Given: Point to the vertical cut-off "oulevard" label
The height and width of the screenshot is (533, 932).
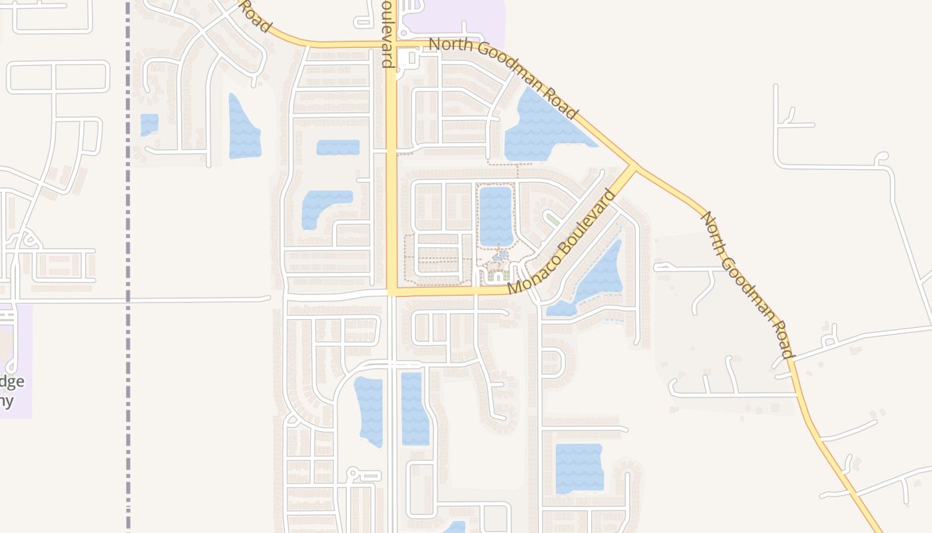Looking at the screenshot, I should pos(387,33).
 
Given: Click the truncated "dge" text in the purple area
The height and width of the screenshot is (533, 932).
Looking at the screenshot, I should pos(12,382).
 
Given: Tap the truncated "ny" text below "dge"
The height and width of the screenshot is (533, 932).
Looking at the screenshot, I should pos(7,400).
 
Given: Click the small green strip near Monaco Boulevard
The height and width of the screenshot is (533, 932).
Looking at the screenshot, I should pos(552,219).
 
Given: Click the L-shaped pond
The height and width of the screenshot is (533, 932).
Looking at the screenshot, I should pos(323,205).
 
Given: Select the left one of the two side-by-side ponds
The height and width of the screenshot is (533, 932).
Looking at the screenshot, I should pos(369,410).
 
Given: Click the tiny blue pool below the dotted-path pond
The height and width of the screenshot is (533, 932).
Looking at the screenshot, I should pos(501,255).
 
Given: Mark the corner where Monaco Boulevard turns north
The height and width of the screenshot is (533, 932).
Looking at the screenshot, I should pos(392,291).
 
